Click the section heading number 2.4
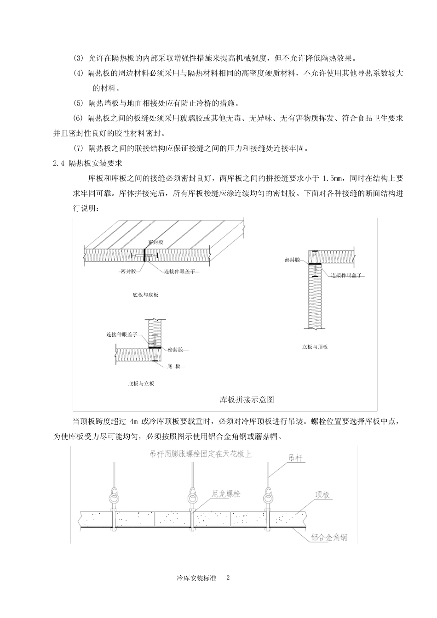[59, 163]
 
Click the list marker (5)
[79, 102]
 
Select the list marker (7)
[79, 147]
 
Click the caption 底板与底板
[145, 295]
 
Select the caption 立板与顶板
[315, 347]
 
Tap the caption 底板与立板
[141, 383]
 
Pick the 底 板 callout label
[173, 366]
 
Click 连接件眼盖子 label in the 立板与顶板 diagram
[346, 275]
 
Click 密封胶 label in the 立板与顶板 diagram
[293, 260]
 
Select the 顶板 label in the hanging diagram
[323, 495]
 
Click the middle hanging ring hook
[192, 497]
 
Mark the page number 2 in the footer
[228, 578]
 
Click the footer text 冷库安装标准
[196, 578]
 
